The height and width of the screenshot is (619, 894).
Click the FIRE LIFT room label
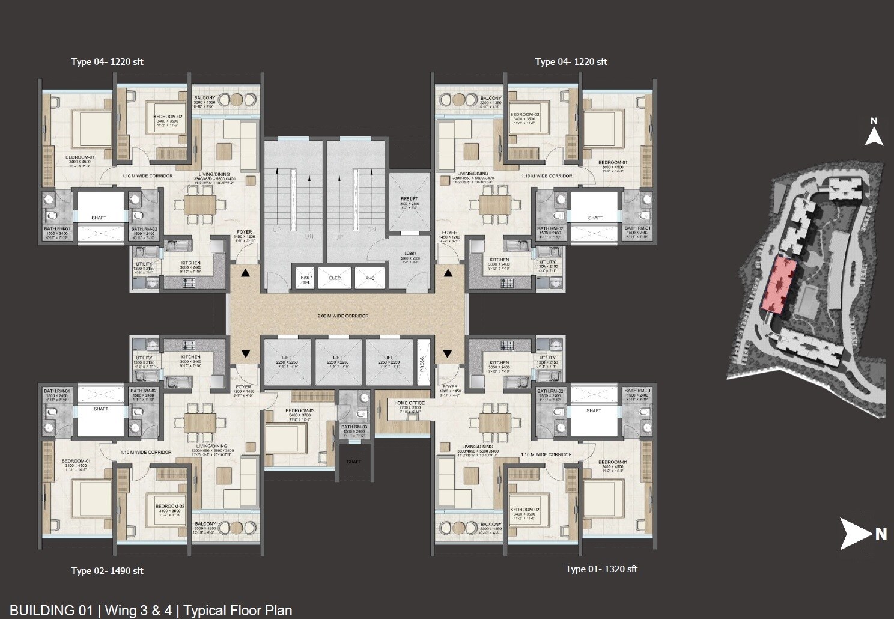coord(409,199)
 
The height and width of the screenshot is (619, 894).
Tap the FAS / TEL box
coord(306,279)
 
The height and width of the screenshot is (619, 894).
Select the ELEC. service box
coord(335,278)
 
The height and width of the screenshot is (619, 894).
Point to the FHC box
coord(369,278)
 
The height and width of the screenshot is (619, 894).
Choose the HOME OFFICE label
coord(409,403)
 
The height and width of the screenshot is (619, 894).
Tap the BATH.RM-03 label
coord(354,427)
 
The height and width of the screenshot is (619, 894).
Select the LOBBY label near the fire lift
coord(410,254)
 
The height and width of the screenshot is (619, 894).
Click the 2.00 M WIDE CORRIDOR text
coord(343,316)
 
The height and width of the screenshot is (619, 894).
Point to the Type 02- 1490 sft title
coord(107,571)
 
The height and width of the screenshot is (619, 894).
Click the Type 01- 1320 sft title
coord(601,569)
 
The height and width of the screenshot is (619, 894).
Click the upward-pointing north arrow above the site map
coord(874,133)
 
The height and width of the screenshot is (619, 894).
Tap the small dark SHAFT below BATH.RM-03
coord(354,462)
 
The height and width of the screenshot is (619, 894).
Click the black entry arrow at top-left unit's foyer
coord(245,274)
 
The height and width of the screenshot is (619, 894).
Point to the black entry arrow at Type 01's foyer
coord(448,353)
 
